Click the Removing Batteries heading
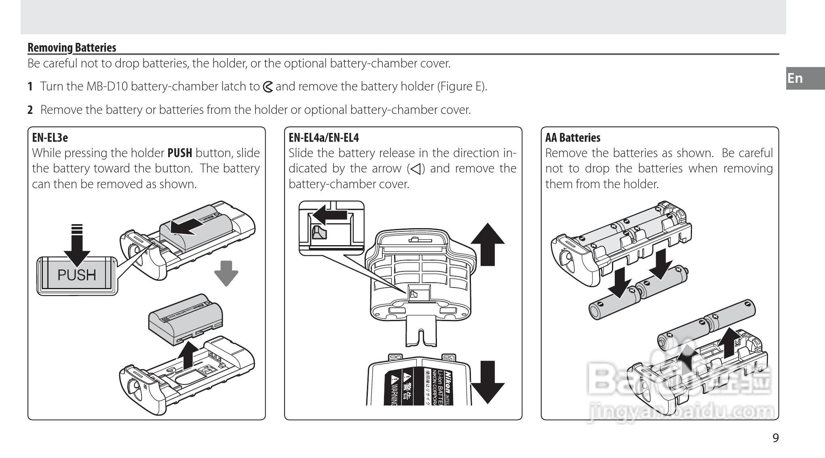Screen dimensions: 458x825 (72, 48)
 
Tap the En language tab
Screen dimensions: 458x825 (795, 78)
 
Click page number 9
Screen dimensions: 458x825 (775, 438)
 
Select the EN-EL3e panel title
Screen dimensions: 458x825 (50, 138)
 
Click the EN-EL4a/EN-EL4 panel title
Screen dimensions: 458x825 (323, 138)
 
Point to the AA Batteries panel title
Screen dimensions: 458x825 (572, 138)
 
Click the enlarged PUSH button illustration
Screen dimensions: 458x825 (77, 275)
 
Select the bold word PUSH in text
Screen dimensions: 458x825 (180, 153)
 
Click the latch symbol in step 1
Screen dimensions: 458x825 (268, 86)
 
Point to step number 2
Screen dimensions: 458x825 (30, 110)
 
